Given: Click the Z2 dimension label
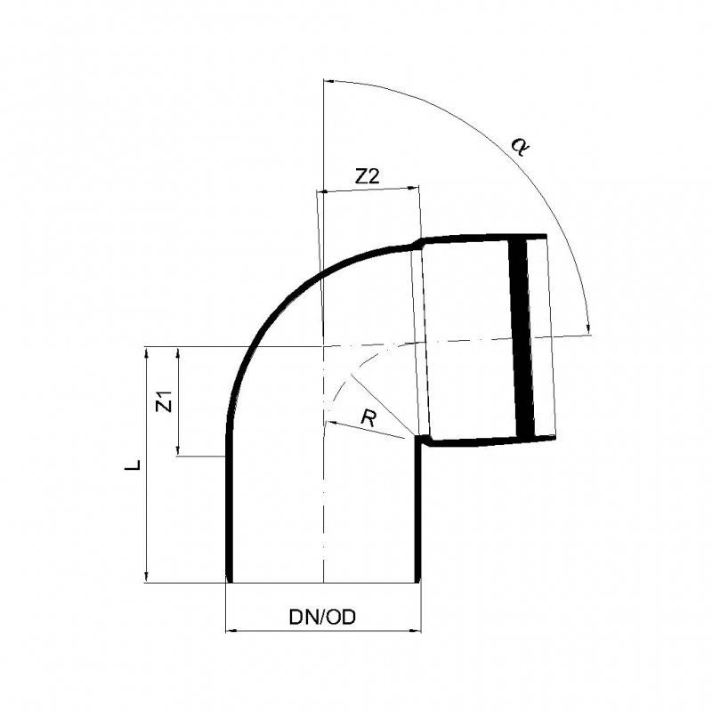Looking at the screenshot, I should tap(367, 177).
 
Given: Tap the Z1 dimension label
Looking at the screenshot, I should tap(162, 400).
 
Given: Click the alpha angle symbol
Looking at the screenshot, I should tap(519, 146).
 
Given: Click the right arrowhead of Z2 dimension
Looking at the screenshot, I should tap(414, 189).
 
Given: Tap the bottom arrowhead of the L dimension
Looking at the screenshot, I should tap(144, 578).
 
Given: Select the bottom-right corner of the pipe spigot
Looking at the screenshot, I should tap(419, 582).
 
